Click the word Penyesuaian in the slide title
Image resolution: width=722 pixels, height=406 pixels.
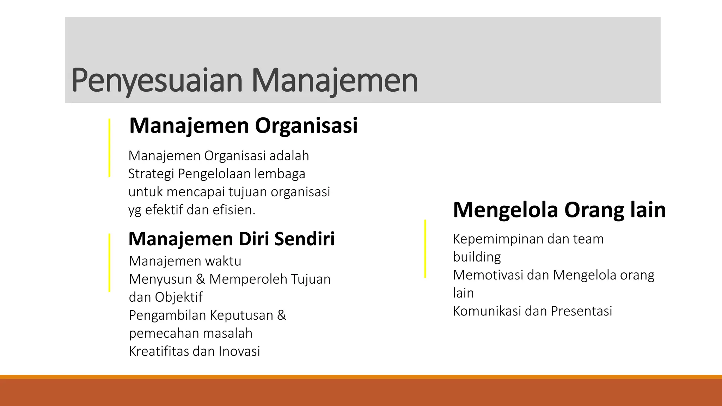(157, 81)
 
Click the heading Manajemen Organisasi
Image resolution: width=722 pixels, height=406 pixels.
(243, 125)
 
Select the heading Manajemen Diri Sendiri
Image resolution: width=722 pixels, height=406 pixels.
(231, 239)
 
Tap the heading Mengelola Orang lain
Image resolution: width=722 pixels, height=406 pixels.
(559, 210)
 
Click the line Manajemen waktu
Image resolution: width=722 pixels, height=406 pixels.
(185, 261)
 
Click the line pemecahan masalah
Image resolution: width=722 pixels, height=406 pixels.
(191, 333)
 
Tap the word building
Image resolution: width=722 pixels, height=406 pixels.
(477, 257)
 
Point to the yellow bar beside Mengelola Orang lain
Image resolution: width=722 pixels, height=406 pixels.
(425, 249)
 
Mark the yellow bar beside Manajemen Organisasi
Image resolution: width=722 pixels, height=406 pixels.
(109, 148)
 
